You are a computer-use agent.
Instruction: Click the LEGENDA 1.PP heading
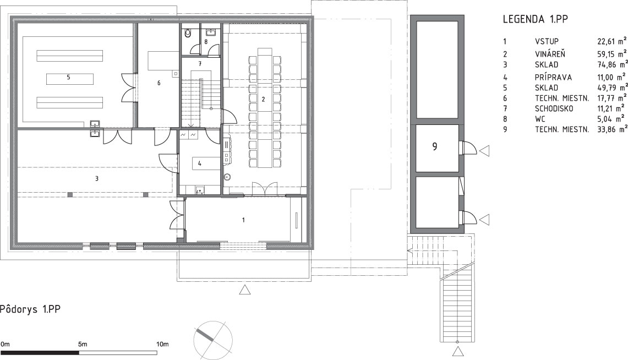(x=536, y=19)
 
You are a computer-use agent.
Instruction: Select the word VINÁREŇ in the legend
(x=550, y=53)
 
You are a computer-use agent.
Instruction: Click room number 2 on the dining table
(x=263, y=99)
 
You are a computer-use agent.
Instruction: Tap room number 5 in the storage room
(x=68, y=77)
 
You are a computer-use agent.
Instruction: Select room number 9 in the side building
(x=435, y=146)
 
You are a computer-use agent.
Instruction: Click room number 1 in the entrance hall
(x=243, y=220)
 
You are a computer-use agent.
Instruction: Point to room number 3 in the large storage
(x=97, y=178)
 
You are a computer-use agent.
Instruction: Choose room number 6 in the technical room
(x=159, y=83)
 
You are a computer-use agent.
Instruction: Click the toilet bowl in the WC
(x=188, y=35)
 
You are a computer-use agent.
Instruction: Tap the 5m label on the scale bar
(x=83, y=344)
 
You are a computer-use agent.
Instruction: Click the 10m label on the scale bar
(x=162, y=344)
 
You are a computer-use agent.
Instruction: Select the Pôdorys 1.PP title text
(x=30, y=309)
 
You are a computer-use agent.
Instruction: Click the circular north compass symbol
(x=212, y=340)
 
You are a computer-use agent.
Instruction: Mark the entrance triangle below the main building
(x=245, y=290)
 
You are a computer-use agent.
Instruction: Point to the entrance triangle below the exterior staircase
(x=458, y=352)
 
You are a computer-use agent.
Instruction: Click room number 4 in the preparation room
(x=199, y=163)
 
